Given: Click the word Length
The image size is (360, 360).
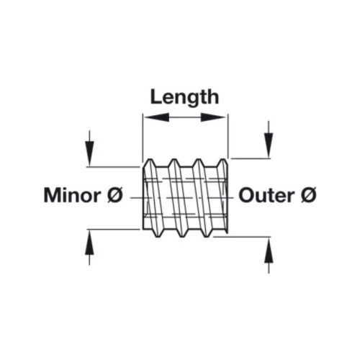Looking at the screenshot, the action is click(x=184, y=97).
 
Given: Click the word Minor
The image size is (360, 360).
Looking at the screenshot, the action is click(x=72, y=196).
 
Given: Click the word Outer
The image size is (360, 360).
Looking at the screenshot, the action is click(x=266, y=196).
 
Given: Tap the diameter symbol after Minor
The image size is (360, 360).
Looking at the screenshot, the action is click(x=115, y=195).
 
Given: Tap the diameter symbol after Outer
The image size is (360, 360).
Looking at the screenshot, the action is click(x=309, y=195).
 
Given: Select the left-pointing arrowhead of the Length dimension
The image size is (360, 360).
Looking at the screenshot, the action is click(x=157, y=117).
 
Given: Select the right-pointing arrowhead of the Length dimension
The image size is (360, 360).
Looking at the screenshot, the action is click(x=213, y=117).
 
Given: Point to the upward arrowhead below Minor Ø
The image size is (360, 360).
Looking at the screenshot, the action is click(x=89, y=243).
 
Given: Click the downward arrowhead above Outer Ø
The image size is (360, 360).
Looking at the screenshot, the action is click(x=269, y=145).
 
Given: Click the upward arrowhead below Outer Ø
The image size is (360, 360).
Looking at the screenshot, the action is click(x=269, y=251).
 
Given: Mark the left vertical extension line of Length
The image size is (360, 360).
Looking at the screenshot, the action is click(x=143, y=139).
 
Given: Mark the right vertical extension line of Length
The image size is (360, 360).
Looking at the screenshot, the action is click(x=228, y=136).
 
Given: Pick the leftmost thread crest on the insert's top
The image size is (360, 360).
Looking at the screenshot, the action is click(x=150, y=159).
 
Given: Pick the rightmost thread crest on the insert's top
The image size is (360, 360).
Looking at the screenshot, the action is click(x=223, y=159).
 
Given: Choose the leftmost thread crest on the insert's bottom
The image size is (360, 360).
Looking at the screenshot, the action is click(x=158, y=236).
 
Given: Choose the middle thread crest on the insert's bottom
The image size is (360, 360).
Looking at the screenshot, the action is click(x=183, y=236).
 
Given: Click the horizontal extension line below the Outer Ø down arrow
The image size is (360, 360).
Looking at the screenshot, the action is click(x=251, y=158).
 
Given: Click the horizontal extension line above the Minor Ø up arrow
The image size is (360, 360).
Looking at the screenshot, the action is click(x=114, y=230).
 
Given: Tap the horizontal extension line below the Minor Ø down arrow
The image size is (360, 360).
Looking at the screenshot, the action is click(x=113, y=166).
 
